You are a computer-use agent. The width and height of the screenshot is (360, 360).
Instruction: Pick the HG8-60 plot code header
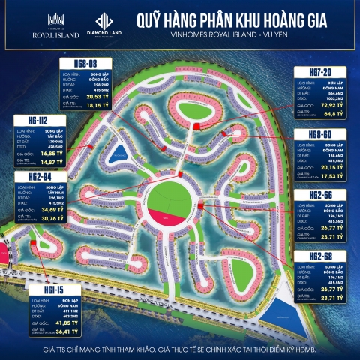321,134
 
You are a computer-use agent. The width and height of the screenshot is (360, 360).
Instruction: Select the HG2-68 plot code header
321,256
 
